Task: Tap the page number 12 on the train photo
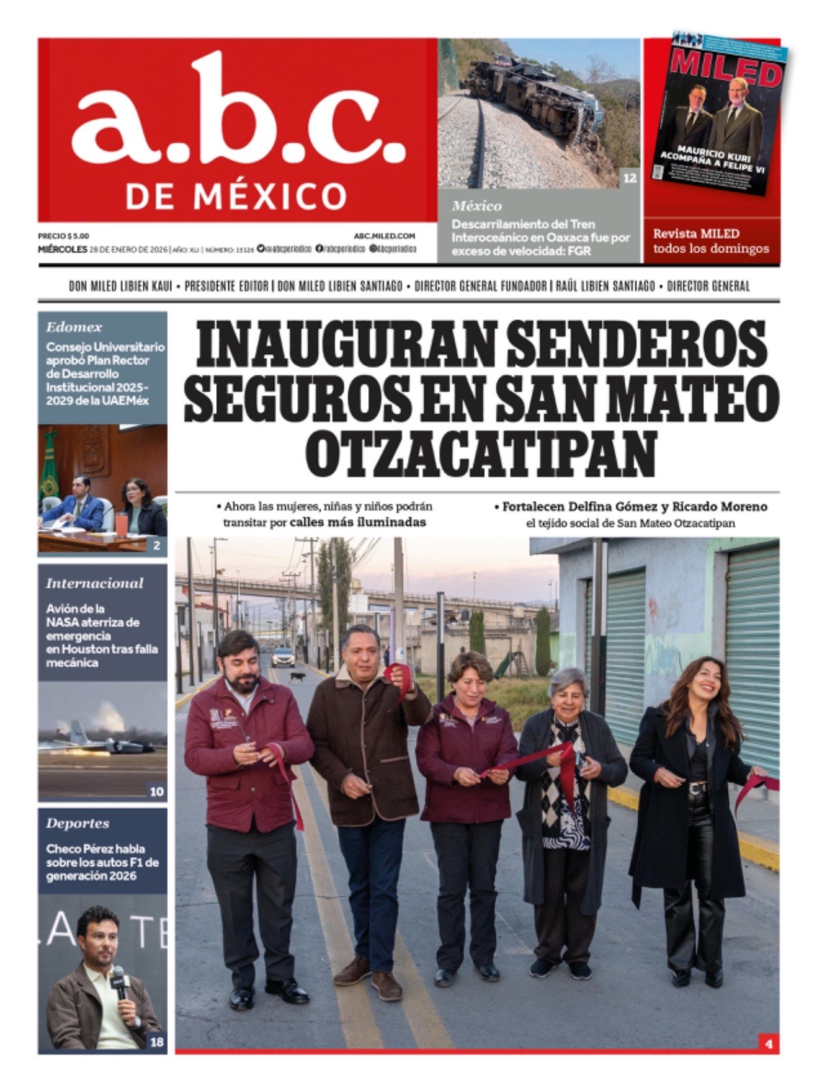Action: click(629, 178)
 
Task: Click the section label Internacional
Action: click(95, 584)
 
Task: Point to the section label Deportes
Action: click(78, 823)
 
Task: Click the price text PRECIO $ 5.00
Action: click(63, 235)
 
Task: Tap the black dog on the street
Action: click(297, 677)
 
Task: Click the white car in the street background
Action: click(283, 657)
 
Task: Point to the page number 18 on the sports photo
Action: click(157, 1042)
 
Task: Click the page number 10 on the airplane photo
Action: click(157, 792)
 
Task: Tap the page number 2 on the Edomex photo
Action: click(157, 545)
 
